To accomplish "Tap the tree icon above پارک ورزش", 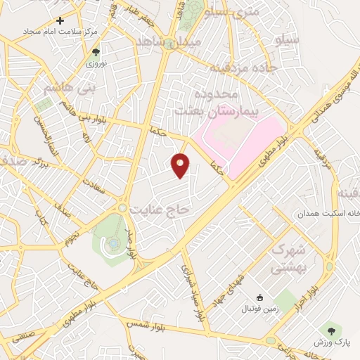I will (330, 328).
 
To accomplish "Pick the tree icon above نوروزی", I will (96, 51).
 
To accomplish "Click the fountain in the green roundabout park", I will (112, 243).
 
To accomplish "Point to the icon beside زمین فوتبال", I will (259, 298).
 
